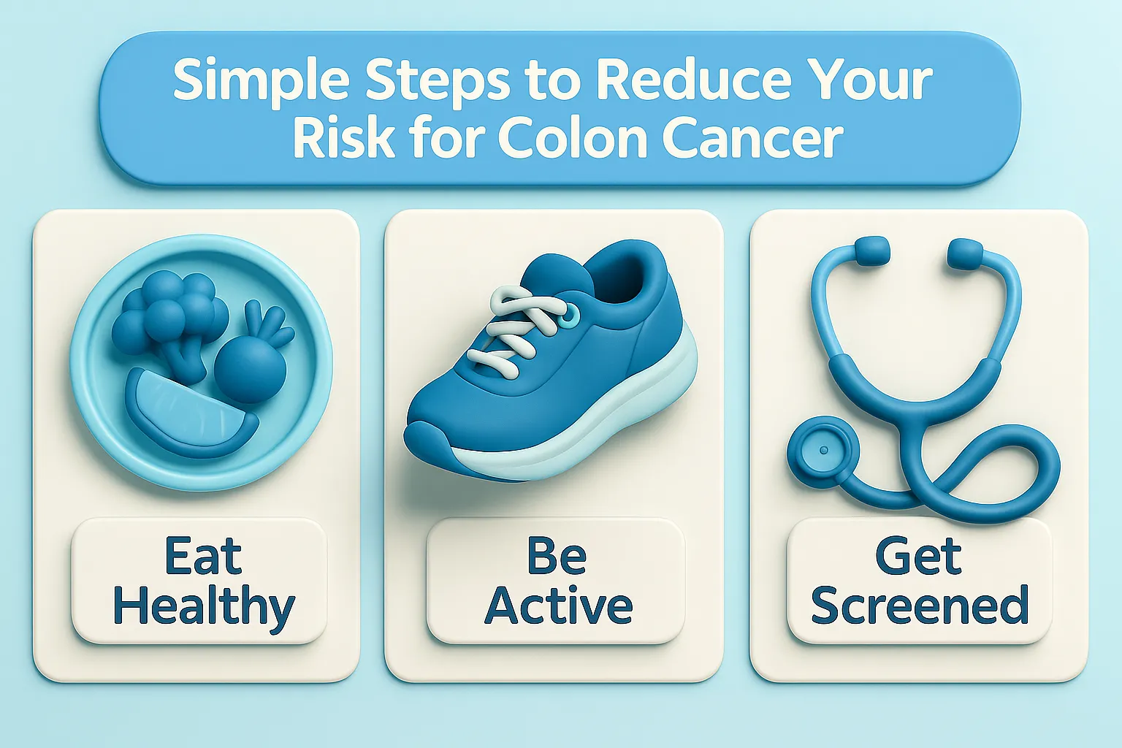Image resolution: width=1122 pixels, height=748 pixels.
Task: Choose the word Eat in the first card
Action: [203, 557]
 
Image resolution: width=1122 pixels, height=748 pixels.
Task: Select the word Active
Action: [559, 606]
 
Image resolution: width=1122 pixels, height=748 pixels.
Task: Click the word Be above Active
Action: [557, 557]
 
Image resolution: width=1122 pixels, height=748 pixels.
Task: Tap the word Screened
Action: [920, 606]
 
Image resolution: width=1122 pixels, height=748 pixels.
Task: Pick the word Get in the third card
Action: [918, 557]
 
